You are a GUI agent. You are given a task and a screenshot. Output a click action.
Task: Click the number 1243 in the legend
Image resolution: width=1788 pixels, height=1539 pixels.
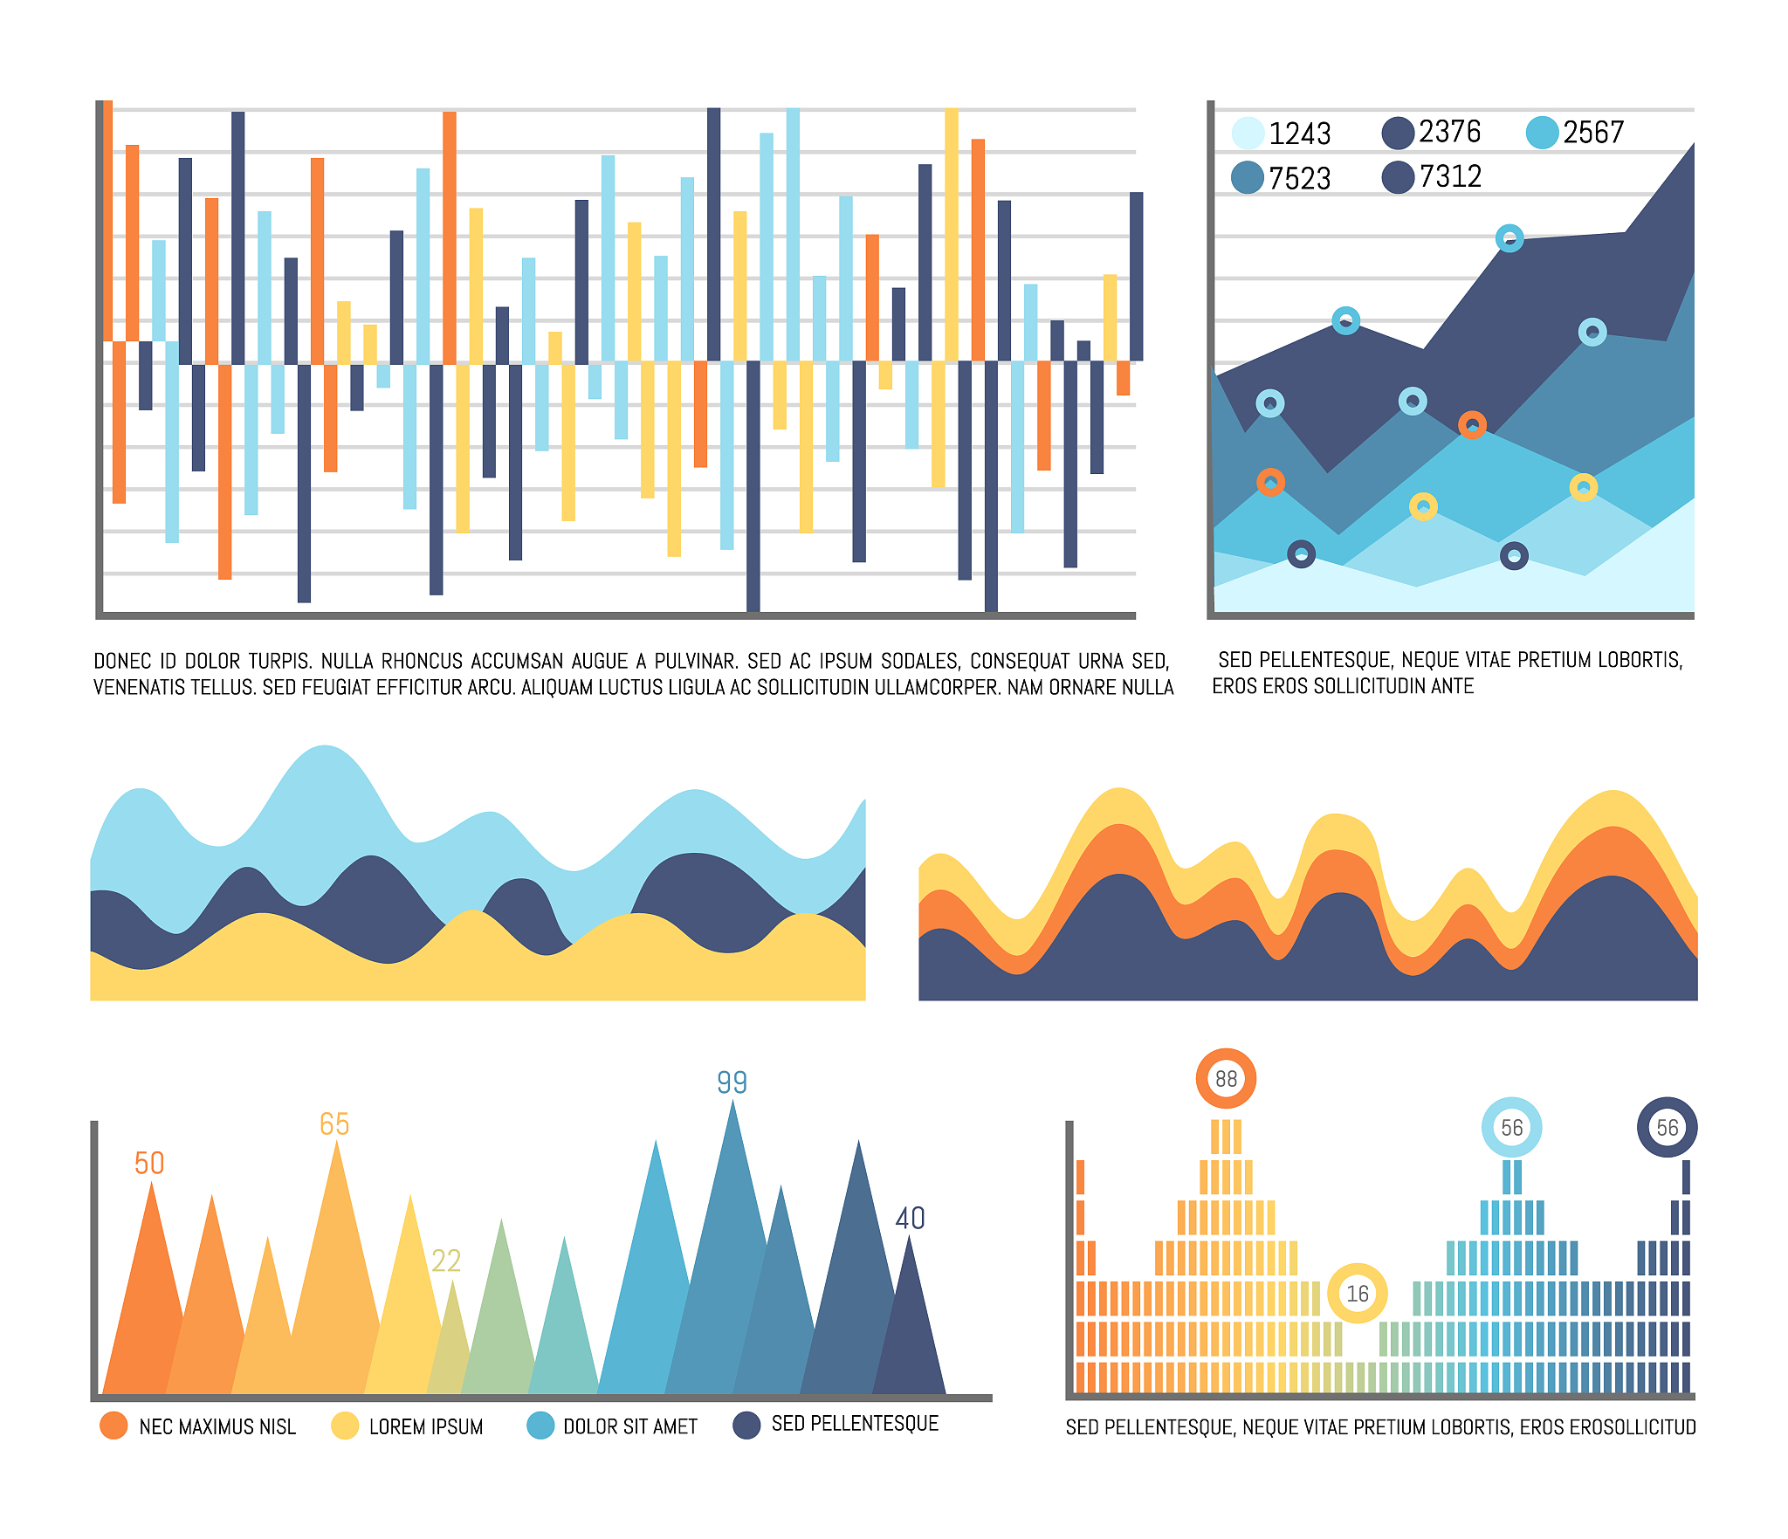pos(1299,134)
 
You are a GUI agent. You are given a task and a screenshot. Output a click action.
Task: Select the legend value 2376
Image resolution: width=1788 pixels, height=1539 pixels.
pos(1449,132)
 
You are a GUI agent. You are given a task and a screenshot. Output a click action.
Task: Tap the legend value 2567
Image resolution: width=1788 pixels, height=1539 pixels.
pos(1593,133)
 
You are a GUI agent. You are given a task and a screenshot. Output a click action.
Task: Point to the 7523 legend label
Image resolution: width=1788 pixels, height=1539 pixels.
pos(1299,178)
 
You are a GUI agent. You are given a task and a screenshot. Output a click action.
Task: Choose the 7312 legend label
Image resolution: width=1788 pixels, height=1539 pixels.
pos(1450,176)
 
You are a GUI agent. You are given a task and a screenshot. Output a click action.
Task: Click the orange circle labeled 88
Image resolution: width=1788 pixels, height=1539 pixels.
pos(1226,1079)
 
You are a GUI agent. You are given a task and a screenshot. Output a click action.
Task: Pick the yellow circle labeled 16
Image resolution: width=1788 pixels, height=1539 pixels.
pos(1357,1293)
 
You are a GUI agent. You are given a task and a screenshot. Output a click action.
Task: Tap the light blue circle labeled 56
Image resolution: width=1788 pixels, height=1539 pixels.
pos(1511,1127)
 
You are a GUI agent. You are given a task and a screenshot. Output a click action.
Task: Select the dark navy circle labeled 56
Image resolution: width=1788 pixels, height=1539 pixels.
pos(1667,1127)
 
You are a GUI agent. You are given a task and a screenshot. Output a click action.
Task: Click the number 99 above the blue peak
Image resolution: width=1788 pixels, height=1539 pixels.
pos(732,1082)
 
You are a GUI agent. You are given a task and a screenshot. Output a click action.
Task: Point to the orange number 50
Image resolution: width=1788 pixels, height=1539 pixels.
pos(149,1163)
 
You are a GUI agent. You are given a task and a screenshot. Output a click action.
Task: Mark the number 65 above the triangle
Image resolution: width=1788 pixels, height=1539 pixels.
pos(334,1123)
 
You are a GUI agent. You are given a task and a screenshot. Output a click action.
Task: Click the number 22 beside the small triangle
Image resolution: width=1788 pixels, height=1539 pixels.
pos(446,1261)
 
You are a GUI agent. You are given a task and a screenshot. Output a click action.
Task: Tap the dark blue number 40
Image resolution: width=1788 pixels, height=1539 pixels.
pos(910,1218)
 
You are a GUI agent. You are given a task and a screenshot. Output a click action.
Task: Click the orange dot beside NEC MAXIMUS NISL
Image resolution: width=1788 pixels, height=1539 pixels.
pos(113,1426)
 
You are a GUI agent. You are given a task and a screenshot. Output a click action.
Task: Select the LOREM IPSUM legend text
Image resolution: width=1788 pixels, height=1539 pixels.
pos(426,1426)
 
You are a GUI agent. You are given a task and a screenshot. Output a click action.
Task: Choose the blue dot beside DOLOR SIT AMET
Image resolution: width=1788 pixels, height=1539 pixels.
pos(540,1426)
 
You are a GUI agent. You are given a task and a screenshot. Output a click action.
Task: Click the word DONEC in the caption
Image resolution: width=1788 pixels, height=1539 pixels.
pos(121,661)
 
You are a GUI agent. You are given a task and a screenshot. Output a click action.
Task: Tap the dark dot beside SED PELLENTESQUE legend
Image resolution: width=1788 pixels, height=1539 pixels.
pos(746,1426)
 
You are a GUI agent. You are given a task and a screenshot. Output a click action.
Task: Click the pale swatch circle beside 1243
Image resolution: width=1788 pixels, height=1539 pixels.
pos(1248,133)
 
